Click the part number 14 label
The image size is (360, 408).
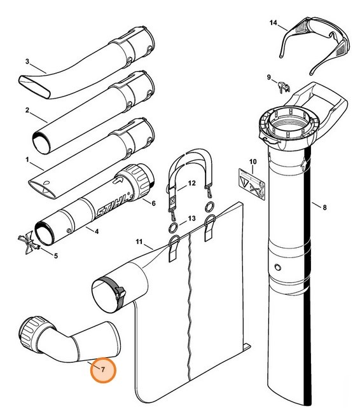(x=273, y=23)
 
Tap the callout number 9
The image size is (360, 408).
(x=269, y=78)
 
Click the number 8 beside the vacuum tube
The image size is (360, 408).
(x=325, y=207)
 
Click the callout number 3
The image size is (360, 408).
(x=27, y=62)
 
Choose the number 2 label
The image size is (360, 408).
(x=27, y=110)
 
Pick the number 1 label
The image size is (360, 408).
(x=27, y=160)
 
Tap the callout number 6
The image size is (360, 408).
(x=153, y=203)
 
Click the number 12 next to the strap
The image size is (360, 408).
(x=191, y=184)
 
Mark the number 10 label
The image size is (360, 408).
(x=253, y=162)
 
